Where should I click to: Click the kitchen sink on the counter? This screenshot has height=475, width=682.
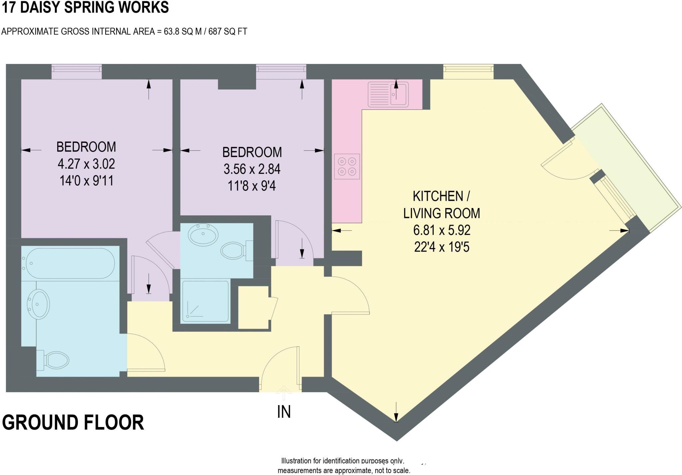pos(388,95)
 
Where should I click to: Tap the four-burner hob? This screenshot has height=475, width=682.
pos(347,166)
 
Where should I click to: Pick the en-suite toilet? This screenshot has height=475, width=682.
pos(237,250)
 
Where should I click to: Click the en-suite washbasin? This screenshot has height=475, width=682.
pos(203,234)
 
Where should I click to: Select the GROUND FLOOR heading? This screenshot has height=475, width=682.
pos(73,422)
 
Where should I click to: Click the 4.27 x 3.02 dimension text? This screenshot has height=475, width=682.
pos(86,164)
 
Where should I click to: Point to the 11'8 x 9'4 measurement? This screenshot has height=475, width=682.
pos(252,186)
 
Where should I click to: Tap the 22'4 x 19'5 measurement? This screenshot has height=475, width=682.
pos(442,247)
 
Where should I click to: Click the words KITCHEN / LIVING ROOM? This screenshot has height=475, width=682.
pos(442,204)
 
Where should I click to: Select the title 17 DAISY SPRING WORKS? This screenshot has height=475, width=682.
pos(86,7)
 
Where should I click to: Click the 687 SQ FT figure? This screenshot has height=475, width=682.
pos(228,32)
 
